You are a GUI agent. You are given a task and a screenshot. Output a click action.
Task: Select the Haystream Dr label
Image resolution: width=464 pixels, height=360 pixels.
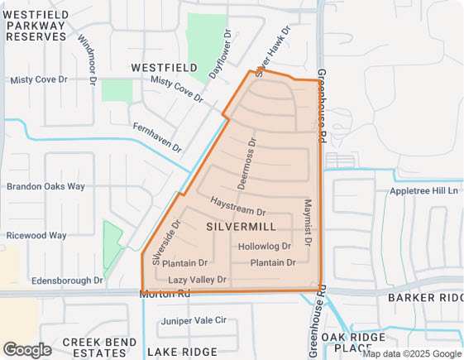point(237,207)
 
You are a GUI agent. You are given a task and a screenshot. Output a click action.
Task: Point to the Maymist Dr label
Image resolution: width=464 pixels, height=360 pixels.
point(309,222)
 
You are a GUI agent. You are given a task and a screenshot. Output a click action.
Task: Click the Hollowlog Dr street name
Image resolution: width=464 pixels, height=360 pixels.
point(265,246)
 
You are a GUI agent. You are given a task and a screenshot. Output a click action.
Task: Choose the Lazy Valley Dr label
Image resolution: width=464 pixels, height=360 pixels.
point(197,280)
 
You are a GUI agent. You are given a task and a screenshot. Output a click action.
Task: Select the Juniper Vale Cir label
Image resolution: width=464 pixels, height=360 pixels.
point(194,320)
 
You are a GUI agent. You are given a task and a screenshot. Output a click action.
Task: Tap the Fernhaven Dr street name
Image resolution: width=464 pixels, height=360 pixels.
point(156,137)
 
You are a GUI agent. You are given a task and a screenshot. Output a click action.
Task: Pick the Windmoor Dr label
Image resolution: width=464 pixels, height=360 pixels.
point(87,56)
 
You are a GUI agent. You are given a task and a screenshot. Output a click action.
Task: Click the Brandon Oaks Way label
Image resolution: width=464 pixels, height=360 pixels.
point(45,186)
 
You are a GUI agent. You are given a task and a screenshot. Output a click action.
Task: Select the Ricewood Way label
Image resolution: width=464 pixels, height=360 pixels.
point(36,235)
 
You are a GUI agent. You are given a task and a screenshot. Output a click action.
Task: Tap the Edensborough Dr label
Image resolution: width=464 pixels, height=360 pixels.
point(67,281)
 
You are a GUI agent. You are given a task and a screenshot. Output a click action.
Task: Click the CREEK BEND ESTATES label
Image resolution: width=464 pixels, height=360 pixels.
point(99,346)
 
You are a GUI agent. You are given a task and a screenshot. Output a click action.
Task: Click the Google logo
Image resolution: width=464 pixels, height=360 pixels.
point(27,349)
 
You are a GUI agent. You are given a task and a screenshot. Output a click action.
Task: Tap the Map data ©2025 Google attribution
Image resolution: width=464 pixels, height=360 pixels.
point(411,353)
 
